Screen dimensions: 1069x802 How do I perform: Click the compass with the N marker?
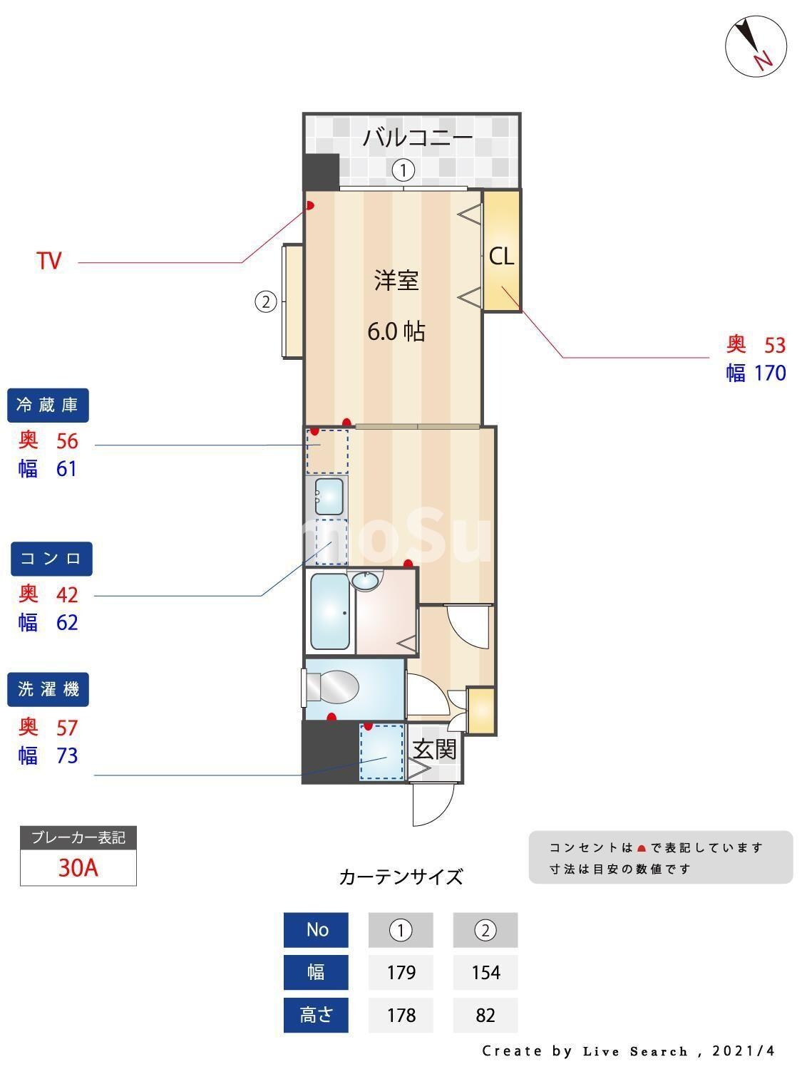(756, 46)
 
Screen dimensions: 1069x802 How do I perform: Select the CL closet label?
(501, 257)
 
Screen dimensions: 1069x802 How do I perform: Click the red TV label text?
(49, 262)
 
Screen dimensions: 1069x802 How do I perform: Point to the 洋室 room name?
(396, 281)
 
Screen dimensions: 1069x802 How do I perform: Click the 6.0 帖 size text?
(396, 331)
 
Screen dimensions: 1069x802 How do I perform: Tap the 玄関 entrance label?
(434, 749)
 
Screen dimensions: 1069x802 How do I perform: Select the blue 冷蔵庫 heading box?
(48, 406)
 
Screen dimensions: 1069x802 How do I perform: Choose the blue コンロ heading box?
(51, 559)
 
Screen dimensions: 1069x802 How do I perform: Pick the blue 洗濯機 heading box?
(48, 690)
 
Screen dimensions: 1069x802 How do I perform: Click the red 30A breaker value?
(78, 868)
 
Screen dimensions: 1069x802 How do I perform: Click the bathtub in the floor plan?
(330, 613)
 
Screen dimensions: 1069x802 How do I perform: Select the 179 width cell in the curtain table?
(401, 972)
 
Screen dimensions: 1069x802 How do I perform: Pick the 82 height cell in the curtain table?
(485, 1015)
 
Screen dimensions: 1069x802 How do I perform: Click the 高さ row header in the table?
(316, 1015)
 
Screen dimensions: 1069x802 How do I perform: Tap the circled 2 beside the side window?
(265, 302)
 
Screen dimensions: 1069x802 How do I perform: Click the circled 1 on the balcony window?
(403, 170)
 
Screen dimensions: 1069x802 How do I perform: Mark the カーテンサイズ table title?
(401, 877)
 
